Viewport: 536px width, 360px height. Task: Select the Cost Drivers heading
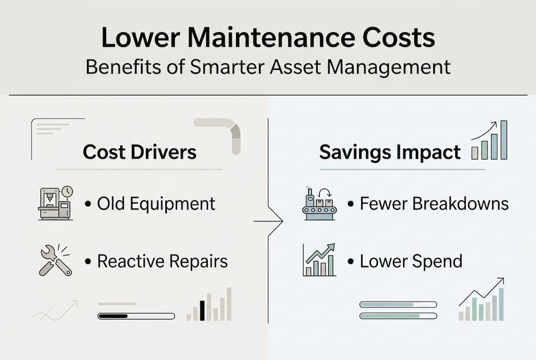tap(139, 152)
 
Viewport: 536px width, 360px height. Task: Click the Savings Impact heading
tap(390, 152)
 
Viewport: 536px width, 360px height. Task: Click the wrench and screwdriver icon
tap(55, 260)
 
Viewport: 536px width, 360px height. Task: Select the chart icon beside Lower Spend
tap(319, 260)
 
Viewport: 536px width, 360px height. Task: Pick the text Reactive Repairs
tap(162, 261)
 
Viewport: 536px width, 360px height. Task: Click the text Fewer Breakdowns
tap(434, 204)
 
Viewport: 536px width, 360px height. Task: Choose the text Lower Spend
tap(411, 261)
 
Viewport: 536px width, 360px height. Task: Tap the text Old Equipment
tap(156, 204)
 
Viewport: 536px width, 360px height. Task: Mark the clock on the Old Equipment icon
tap(67, 191)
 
